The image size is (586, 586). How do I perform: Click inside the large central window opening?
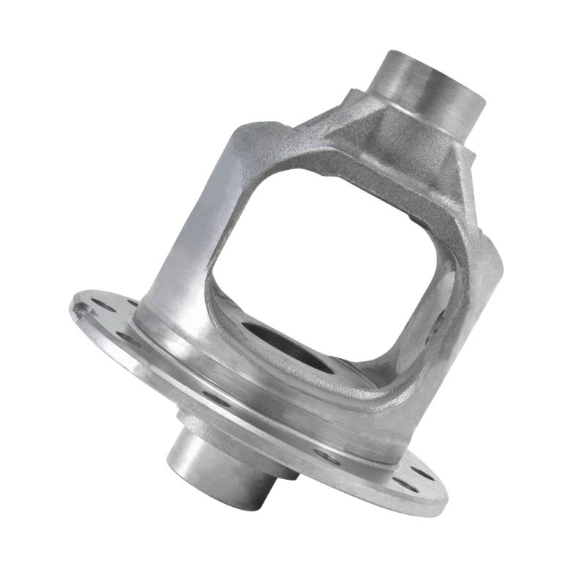(x=322, y=249)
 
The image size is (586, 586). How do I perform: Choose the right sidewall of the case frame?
(x=472, y=293)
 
